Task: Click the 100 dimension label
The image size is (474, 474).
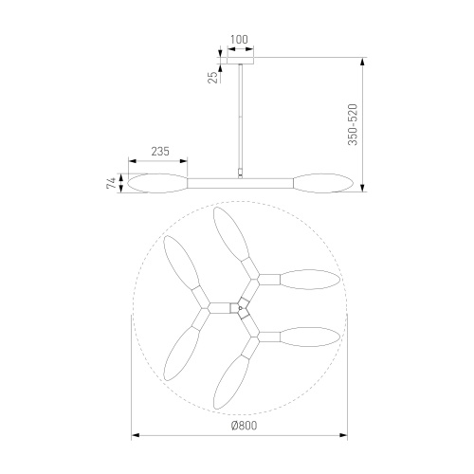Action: click(239, 40)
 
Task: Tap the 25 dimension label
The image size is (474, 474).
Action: click(213, 78)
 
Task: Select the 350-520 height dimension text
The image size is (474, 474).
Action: click(353, 124)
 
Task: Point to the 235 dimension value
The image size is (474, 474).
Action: click(160, 152)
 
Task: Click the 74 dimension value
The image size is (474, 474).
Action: click(111, 183)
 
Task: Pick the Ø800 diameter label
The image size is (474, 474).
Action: click(244, 426)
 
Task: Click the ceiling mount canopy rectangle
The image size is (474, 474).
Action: click(241, 61)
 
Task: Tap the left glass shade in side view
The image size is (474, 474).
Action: click(157, 183)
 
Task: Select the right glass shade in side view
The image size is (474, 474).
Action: click(323, 183)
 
